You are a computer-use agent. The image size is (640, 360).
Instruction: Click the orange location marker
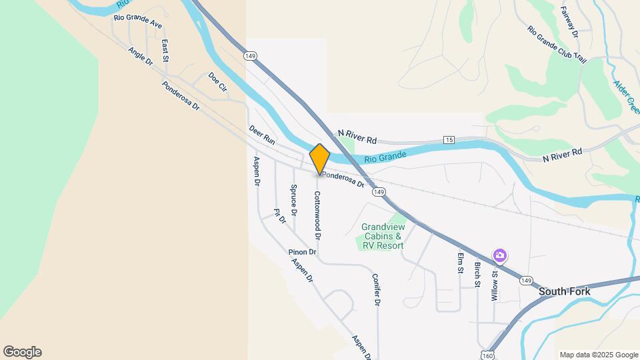pyautogui.click(x=320, y=159)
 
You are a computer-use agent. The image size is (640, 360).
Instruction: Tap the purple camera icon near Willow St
pyautogui.click(x=499, y=255)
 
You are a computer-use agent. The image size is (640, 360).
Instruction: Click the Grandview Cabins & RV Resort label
pyautogui.click(x=383, y=236)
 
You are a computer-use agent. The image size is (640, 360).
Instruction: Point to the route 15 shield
pyautogui.click(x=449, y=140)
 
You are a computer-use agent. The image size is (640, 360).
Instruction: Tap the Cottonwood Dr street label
pyautogui.click(x=318, y=215)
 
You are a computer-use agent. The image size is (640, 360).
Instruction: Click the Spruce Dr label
pyautogui.click(x=293, y=201)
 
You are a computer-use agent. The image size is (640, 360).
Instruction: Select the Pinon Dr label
pyautogui.click(x=301, y=252)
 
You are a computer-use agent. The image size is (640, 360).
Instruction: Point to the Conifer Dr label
pyautogui.click(x=376, y=290)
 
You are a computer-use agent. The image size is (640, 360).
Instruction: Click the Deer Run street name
pyautogui.click(x=262, y=135)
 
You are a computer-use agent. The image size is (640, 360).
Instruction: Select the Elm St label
pyautogui.click(x=460, y=263)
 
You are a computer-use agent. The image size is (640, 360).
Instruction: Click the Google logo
pyautogui.click(x=22, y=352)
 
